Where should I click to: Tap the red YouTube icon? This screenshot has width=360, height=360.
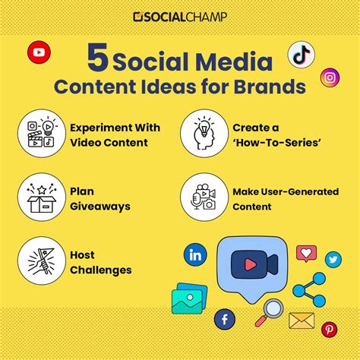[x=39, y=53]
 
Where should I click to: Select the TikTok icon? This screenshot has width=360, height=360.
[x=301, y=55]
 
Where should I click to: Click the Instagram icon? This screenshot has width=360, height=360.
[x=329, y=77]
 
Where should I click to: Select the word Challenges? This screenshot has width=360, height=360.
[x=101, y=270]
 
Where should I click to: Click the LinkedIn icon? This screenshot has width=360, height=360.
[x=196, y=254]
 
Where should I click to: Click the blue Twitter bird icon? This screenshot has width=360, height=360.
[x=333, y=260]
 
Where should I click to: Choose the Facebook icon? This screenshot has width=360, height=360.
[x=225, y=319]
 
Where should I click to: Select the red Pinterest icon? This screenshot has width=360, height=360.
[x=330, y=329]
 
